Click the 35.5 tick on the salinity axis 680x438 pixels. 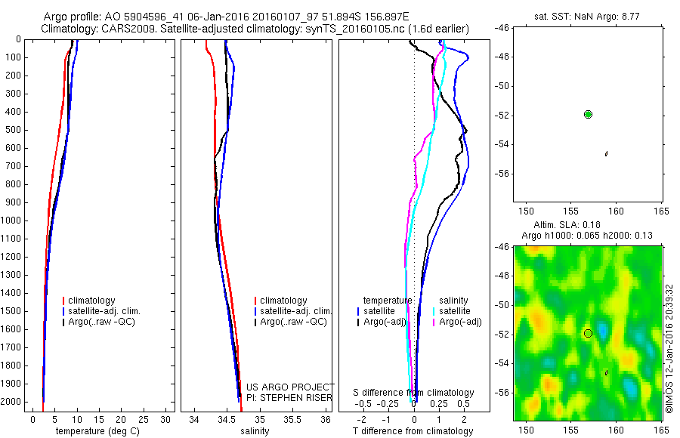(292, 419)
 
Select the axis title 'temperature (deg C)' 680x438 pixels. (95, 431)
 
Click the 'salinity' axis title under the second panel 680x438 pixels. (253, 431)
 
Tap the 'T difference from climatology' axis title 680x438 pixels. (413, 431)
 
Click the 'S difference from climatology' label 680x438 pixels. (414, 393)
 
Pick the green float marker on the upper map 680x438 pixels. (588, 114)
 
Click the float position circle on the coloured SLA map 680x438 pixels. (588, 333)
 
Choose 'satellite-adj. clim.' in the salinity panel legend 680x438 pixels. (296, 311)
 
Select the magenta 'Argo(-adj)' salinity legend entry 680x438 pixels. (459, 322)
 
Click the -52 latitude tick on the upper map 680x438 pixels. (502, 115)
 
